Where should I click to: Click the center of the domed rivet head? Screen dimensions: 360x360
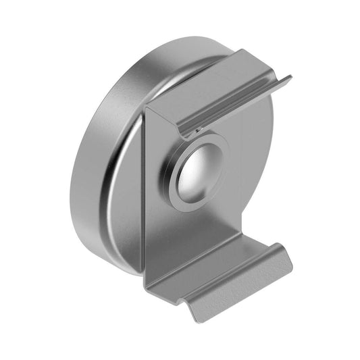(x=197, y=173)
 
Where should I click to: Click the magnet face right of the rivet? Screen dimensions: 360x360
(x=250, y=169)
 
